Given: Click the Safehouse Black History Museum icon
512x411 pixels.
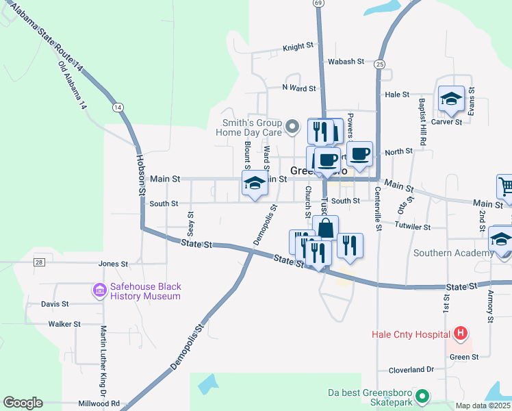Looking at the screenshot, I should tap(101, 291).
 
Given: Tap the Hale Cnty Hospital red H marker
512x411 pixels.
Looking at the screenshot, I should tap(461, 334).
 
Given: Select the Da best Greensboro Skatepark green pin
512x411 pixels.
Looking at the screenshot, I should tap(422, 395).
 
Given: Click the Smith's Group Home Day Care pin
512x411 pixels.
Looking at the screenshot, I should tap(292, 126).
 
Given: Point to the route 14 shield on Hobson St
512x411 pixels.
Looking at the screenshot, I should tap(118, 108).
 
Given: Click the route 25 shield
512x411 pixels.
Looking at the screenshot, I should tap(379, 64).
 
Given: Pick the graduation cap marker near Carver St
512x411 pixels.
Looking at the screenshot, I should tap(452, 99).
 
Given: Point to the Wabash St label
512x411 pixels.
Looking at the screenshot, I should tap(346, 62).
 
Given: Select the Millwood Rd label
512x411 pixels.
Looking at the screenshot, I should tap(99, 403).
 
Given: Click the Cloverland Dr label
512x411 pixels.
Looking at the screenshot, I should tap(411, 370).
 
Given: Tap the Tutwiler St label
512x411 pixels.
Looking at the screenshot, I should tap(413, 226).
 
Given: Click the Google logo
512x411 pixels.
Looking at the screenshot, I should tap(23, 403).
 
